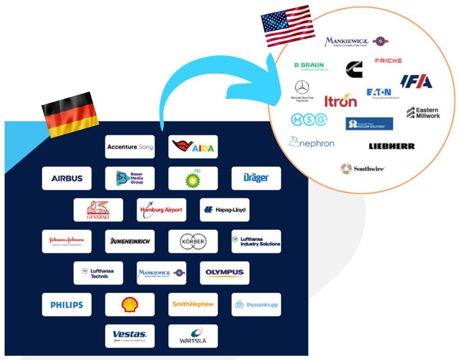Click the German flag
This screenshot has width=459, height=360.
70,114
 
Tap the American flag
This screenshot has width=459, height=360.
288,25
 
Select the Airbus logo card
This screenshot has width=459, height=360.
67,178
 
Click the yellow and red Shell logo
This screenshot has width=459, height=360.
129,305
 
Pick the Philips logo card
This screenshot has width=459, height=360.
67,305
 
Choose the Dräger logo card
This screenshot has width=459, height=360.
256,178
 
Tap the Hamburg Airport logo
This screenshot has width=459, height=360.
161,210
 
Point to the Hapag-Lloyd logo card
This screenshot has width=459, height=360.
224,210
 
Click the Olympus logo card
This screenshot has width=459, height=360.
224,273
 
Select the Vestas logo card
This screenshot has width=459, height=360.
129,336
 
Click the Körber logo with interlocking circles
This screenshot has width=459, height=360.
193,241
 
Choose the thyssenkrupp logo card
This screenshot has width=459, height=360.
256,305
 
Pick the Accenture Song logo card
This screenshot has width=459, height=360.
129,147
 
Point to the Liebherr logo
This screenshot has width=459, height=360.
391,146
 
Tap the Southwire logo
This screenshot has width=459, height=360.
363,169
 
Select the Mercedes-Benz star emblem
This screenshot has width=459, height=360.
302,87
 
